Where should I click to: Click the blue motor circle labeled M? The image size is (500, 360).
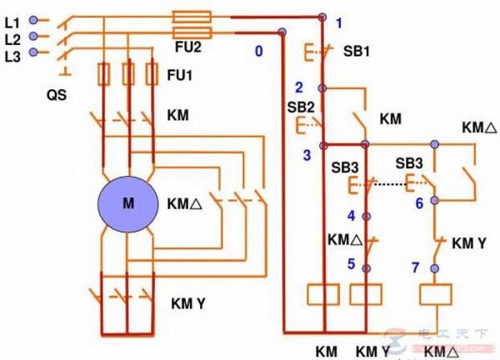(x=127, y=203)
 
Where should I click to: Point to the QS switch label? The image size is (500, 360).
(x=57, y=95)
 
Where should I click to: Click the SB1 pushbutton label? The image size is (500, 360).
(x=357, y=51)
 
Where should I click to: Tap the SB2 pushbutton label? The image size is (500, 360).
(x=301, y=107)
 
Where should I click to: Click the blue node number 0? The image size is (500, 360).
(x=258, y=52)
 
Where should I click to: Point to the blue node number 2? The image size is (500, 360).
(x=298, y=87)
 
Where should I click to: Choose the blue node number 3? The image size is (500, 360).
(x=307, y=155)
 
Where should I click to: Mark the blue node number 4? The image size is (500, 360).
(x=351, y=216)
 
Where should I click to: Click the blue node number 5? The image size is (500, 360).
(x=351, y=263)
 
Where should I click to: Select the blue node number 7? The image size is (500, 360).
(x=417, y=267)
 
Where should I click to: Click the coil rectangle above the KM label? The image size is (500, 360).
(x=322, y=293)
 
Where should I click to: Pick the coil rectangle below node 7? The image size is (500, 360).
(x=434, y=293)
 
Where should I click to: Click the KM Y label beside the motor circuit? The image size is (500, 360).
(x=188, y=302)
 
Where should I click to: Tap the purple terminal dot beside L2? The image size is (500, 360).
(x=34, y=36)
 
